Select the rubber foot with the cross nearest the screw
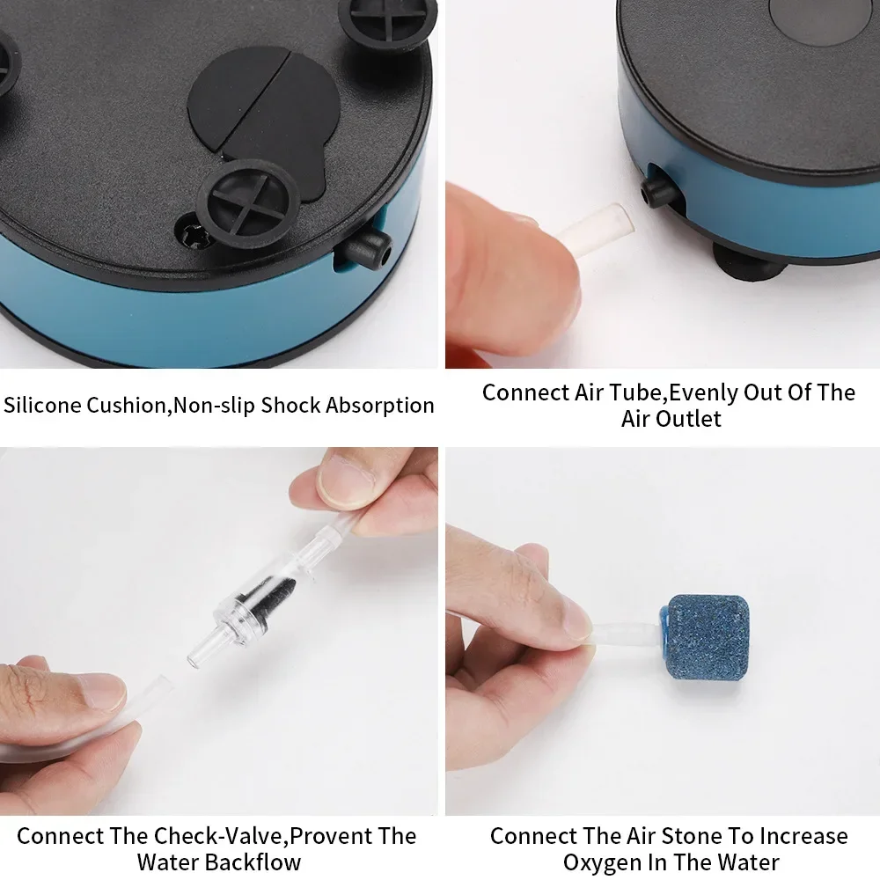pos(248,199)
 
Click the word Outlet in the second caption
pos(686,419)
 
